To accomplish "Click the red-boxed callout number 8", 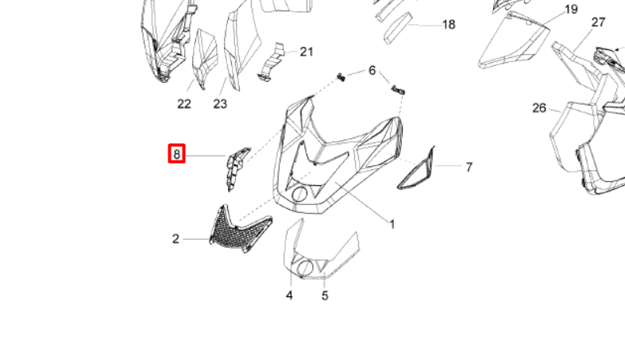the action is pos(176,154).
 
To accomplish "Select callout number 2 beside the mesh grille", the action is pos(176,238).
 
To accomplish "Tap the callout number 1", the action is pos(392,224).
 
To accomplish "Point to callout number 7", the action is pos(469,167).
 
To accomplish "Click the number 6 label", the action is pos(372,71).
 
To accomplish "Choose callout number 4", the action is pos(289,296).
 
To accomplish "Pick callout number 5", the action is pos(325,296).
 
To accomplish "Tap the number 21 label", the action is pos(306,52).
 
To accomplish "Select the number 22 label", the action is pos(183,104).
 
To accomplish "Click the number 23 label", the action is pos(220,104).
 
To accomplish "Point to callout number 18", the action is pos(449,25).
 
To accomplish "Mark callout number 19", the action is pos(572,10).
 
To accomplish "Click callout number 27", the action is pos(598,22).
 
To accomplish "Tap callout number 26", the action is pos(539,108).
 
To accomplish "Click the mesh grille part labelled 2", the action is pos(240,233).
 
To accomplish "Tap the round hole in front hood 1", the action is pos(299,194).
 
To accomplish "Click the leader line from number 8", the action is pos(205,156).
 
